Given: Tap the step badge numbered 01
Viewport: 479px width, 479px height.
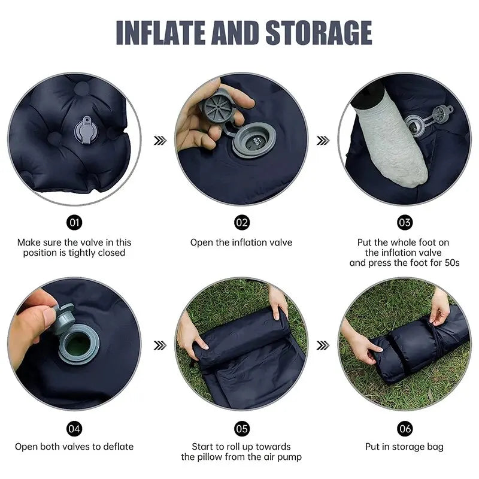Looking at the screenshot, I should point(75,223).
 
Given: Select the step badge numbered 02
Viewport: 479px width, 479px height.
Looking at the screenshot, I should point(241,223).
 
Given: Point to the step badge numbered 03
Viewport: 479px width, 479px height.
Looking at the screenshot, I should point(405,223).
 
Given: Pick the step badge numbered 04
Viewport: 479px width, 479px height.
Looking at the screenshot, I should point(75,429).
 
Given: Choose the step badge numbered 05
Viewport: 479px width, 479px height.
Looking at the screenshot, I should point(241,429).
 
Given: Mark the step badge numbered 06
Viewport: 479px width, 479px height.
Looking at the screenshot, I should point(405,429).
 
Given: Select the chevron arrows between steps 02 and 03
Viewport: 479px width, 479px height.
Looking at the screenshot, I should point(323,141).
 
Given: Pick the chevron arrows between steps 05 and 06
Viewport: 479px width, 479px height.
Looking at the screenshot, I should point(323,345).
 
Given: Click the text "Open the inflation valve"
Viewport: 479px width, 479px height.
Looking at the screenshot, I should point(241,242).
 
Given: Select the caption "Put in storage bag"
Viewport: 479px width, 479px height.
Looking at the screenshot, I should point(405,447).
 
